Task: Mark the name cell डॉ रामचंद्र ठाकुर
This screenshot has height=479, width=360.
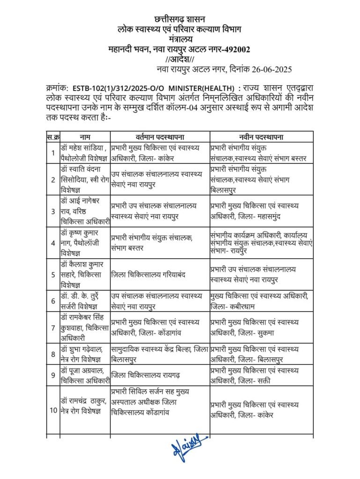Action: coord(84,405)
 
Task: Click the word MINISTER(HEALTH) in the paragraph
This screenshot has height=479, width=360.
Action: coord(203,87)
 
